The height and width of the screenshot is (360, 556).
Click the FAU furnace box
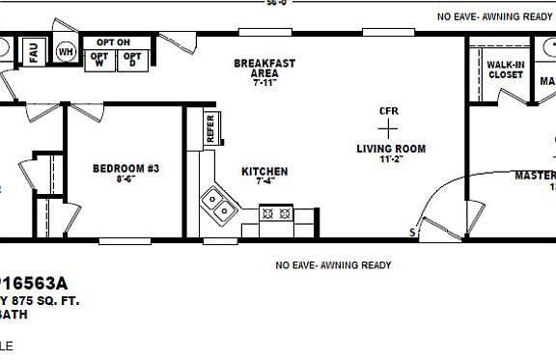pyautogui.click(x=33, y=53)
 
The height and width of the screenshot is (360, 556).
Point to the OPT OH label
pyautogui.click(x=113, y=42)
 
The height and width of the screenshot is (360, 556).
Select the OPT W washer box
pyautogui.click(x=99, y=60)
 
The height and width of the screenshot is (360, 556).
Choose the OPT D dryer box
pyautogui.click(x=132, y=60)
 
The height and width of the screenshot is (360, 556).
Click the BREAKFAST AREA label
pyautogui.click(x=264, y=69)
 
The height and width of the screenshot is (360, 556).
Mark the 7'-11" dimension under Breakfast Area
pyautogui.click(x=264, y=84)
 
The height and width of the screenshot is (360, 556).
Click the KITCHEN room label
pyautogui.click(x=264, y=172)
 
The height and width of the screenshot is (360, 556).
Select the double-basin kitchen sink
pyautogui.click(x=217, y=205)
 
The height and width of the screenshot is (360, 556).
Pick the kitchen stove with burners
pyautogui.click(x=276, y=213)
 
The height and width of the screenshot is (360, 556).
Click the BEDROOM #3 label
pyautogui.click(x=125, y=169)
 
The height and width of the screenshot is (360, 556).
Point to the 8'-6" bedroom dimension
pyautogui.click(x=125, y=180)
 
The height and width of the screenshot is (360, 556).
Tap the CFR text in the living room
pyautogui.click(x=389, y=111)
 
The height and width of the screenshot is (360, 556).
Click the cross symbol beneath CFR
pyautogui.click(x=389, y=129)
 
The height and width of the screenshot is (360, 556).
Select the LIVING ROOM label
pyautogui.click(x=391, y=149)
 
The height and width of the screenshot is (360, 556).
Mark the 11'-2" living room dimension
pyautogui.click(x=391, y=160)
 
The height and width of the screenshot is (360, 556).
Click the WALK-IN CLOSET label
pyautogui.click(x=505, y=69)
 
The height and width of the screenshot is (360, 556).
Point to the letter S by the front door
pyautogui.click(x=412, y=233)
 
